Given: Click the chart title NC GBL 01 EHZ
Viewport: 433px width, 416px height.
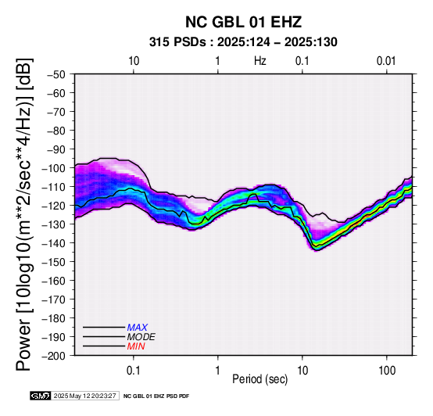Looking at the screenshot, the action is coord(243,22).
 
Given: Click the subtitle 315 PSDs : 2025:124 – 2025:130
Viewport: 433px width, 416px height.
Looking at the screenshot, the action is coord(243,42).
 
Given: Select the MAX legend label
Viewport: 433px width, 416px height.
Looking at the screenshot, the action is coord(138,328).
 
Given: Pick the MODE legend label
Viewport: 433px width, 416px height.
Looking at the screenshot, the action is coord(141,337).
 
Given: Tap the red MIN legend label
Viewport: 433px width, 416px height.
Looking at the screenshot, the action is coord(136,346).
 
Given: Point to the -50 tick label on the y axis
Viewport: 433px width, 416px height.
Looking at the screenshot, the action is coord(56,74).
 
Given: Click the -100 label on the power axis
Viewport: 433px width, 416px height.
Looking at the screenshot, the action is coord(54,168).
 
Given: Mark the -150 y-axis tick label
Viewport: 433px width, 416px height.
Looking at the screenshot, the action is coord(54,262).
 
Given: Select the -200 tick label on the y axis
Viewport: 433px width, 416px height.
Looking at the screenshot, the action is coord(54,356).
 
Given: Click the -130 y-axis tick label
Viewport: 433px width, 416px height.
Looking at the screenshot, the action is coord(54,224).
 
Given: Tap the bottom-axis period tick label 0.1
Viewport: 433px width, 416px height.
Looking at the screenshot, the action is coord(134,371).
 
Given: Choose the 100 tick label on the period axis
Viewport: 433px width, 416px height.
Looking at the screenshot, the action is coord(387,371).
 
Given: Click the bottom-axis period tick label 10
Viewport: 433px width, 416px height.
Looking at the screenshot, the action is coord(302,371).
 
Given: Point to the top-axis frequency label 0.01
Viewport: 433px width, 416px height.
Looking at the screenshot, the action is coord(386,61).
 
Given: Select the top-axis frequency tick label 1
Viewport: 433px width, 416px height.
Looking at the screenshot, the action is coord(217,61).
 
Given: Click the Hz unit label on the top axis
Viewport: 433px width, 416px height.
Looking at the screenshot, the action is coord(260,61).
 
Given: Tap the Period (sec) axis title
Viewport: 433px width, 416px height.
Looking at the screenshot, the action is coord(259,379).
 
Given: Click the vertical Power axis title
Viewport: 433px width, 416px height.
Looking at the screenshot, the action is coord(24,214).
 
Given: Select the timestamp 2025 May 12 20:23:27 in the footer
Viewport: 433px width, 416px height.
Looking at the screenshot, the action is coord(84,396).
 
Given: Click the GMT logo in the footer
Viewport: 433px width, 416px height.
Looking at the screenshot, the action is coord(41,396).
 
